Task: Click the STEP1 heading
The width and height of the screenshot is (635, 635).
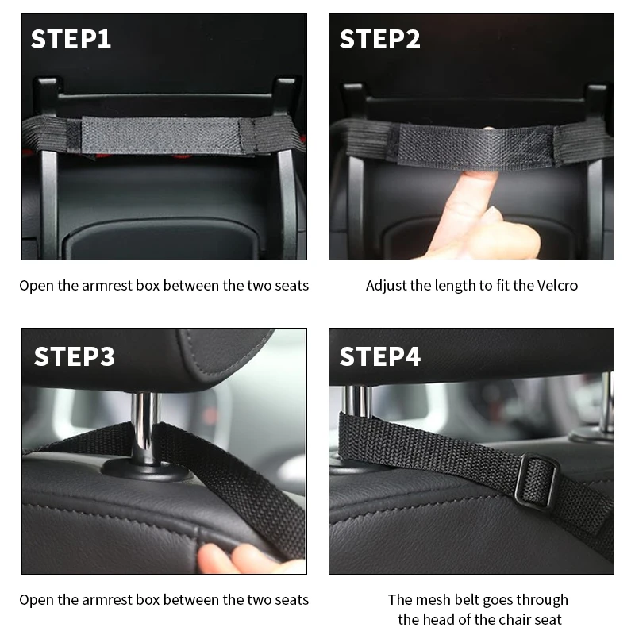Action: tap(71, 39)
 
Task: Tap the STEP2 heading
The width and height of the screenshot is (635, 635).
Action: tap(380, 39)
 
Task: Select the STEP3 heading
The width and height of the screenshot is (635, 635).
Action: tap(75, 356)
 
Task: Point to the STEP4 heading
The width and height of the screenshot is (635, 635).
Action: tap(380, 356)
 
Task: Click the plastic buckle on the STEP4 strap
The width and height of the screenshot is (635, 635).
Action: tap(537, 481)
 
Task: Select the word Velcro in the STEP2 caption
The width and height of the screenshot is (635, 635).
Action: tap(557, 286)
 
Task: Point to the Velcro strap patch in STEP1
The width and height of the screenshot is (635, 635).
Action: tap(162, 136)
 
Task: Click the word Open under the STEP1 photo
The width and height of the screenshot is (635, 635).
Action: tap(37, 287)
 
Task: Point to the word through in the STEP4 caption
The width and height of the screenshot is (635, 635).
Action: tap(542, 601)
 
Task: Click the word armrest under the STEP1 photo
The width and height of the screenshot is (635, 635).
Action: tap(107, 286)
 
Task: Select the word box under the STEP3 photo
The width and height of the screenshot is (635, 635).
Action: tap(148, 600)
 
